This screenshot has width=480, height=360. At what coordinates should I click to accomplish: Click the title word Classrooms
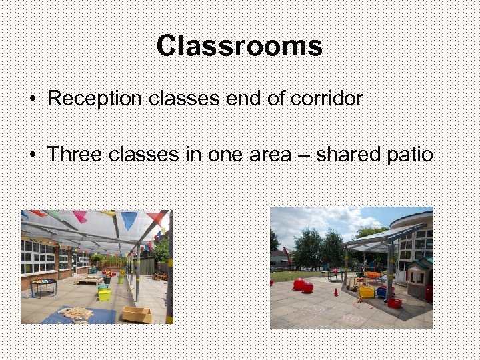(239, 46)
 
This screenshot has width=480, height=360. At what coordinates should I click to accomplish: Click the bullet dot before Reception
(32, 99)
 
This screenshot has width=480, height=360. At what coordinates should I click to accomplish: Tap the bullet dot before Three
(32, 155)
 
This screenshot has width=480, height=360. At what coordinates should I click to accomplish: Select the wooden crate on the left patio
(136, 314)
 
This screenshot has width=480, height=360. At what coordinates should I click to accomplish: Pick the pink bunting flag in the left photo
(80, 216)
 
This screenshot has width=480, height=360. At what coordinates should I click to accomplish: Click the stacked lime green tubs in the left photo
(104, 293)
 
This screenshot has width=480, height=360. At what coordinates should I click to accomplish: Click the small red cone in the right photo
(336, 292)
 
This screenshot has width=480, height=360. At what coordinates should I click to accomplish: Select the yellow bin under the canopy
(367, 291)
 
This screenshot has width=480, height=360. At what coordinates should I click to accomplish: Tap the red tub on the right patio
(394, 303)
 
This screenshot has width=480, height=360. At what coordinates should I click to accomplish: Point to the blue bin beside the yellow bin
(381, 292)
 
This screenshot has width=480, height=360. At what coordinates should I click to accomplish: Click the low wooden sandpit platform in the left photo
(88, 280)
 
